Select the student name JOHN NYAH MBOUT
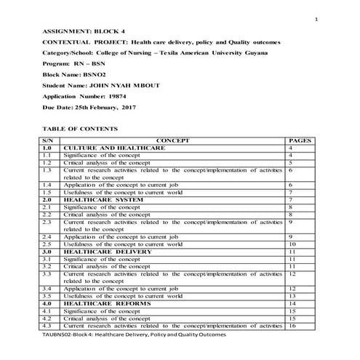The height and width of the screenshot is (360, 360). tap(121, 85)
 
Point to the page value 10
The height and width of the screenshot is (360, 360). tap(292, 244)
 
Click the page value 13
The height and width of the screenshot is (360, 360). tap(292, 295)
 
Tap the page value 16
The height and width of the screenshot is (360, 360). tap(292, 325)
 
